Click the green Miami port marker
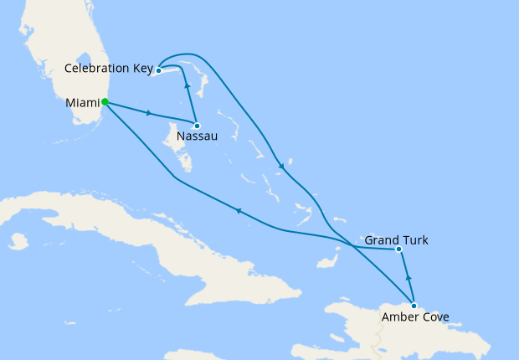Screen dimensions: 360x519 pyautogui.click(x=105, y=103)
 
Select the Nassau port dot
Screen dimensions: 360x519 pyautogui.click(x=197, y=126)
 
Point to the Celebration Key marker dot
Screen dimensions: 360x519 pyautogui.click(x=157, y=71)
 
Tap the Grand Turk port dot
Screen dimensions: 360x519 pyautogui.click(x=398, y=249)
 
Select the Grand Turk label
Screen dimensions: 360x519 pyautogui.click(x=397, y=240)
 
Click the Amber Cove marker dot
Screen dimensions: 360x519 pyautogui.click(x=414, y=306)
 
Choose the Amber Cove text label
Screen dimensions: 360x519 pyautogui.click(x=414, y=317)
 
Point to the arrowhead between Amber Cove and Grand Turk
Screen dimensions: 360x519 pyautogui.click(x=408, y=277)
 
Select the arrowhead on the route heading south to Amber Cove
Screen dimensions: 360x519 pyautogui.click(x=282, y=166)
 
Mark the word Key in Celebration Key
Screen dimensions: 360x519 pyautogui.click(x=139, y=68)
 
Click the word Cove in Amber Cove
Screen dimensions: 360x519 pyautogui.click(x=434, y=317)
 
